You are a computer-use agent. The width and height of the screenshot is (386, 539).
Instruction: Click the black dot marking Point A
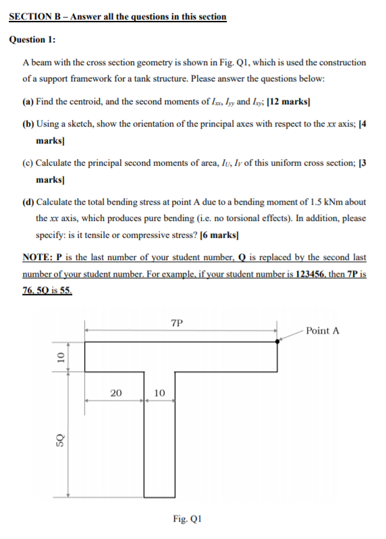(278, 342)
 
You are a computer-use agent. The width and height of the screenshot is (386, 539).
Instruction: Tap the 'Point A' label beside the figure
(322, 330)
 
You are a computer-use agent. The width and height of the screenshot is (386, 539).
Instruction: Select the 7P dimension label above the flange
(177, 323)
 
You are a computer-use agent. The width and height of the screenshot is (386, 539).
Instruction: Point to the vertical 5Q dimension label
(59, 441)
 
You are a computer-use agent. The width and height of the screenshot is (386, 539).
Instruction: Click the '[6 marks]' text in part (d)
(217, 234)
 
